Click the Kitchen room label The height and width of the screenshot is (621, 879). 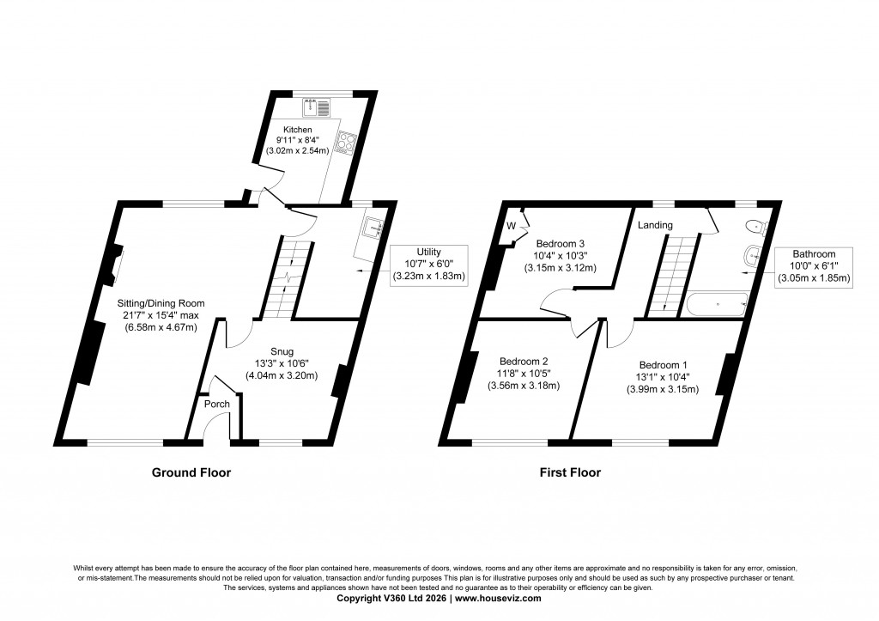[286, 130]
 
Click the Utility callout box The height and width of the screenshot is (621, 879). [427, 265]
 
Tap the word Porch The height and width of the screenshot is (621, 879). [215, 404]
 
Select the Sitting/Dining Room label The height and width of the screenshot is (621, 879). [161, 302]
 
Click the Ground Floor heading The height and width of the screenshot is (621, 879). [191, 472]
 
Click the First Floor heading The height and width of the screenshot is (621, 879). [570, 472]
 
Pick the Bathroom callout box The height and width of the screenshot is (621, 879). [813, 266]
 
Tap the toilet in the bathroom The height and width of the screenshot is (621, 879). [754, 228]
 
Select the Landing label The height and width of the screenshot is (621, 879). [655, 225]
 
